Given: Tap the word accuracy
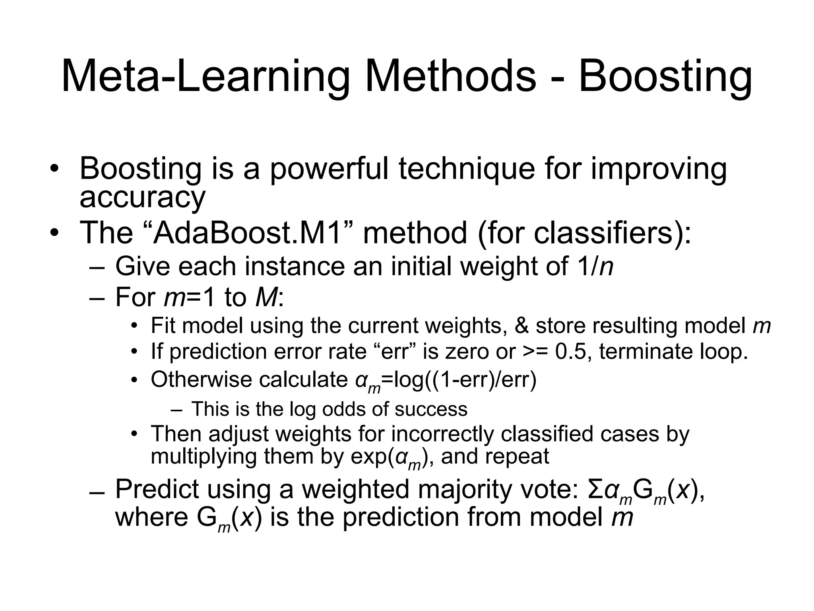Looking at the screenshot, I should click(x=142, y=198).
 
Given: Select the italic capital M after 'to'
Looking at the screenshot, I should click(x=266, y=297).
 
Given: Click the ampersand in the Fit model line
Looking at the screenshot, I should click(x=522, y=326).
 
